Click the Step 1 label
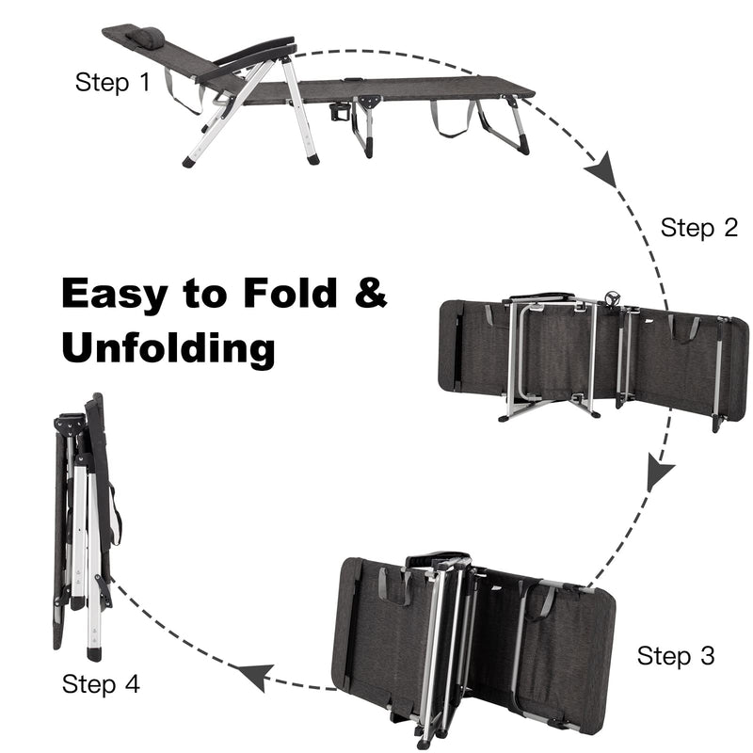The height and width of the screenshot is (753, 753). tap(112, 83)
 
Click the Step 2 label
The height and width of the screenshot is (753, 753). tap(698, 228)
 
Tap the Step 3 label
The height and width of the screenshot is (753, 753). tap(676, 655)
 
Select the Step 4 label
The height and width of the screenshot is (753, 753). tap(101, 683)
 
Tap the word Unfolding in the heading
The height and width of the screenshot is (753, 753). tap(168, 348)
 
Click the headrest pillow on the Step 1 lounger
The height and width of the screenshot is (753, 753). tap(146, 38)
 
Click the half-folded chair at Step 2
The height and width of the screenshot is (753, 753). tap(593, 358)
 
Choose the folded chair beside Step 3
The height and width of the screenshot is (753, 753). tap(475, 640)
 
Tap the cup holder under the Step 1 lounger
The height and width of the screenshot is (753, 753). tap(339, 111)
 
